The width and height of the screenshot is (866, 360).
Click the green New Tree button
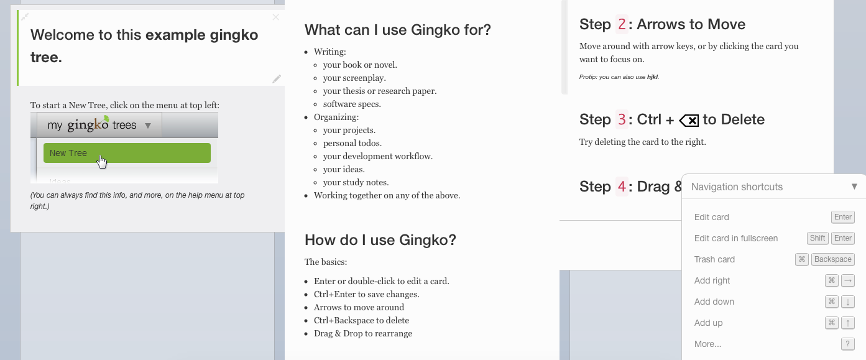coord(127,153)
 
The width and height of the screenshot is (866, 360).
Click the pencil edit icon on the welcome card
coord(277,79)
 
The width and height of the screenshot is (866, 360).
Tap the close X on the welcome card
coord(275,17)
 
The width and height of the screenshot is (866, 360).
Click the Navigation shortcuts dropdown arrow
coord(854,187)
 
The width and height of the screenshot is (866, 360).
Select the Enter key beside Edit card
coord(843,217)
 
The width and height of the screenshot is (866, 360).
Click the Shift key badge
coord(818,238)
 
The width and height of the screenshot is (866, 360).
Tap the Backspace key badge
coord(833,259)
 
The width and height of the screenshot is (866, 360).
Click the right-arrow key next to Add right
coord(848,281)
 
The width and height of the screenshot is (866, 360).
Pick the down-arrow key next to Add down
coord(848,302)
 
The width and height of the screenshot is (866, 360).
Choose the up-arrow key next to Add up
coord(848,323)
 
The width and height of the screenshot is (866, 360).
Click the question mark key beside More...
coord(848,344)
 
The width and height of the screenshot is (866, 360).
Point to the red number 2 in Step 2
coord(622,24)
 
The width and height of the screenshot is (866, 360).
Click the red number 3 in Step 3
coord(622,119)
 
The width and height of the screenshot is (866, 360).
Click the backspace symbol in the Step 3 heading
coord(689,121)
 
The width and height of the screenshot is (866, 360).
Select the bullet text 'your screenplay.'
coord(354,78)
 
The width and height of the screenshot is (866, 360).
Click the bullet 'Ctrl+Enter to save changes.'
coord(367,294)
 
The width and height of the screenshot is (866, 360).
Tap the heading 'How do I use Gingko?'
coord(380,240)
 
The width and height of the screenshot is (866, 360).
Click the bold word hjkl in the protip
coord(652,77)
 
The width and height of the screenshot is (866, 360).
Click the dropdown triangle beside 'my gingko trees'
coord(148,126)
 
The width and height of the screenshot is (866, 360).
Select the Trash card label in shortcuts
coord(714,259)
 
